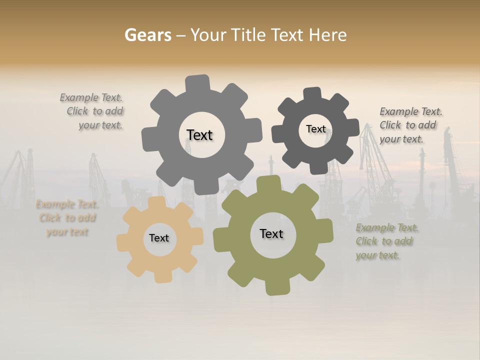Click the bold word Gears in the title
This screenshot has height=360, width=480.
pyautogui.click(x=147, y=35)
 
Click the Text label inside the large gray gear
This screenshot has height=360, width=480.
pyautogui.click(x=199, y=135)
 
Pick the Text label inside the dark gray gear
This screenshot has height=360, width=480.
pyautogui.click(x=315, y=129)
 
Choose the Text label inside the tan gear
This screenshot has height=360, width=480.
pyautogui.click(x=159, y=238)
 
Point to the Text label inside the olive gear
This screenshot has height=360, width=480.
pyautogui.click(x=271, y=233)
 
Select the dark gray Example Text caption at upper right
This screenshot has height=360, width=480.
pyautogui.click(x=410, y=125)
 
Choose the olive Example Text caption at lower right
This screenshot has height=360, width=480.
pyautogui.click(x=386, y=241)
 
